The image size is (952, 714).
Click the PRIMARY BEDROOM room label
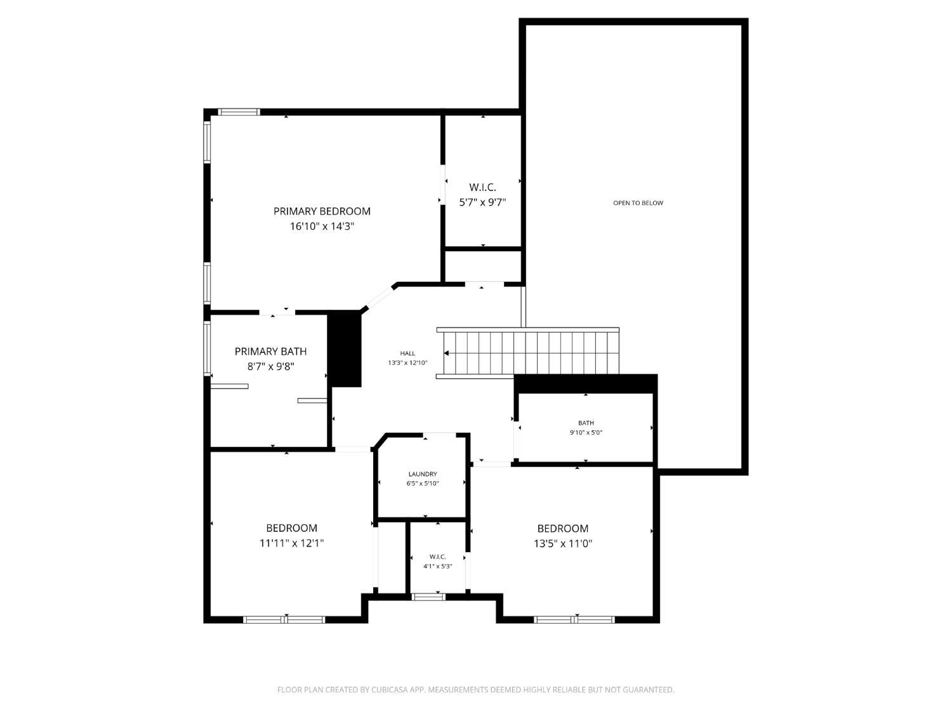[322, 211]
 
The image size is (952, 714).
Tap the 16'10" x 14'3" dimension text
[322, 227]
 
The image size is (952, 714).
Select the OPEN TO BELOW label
[638, 203]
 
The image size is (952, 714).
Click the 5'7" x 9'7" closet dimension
[482, 202]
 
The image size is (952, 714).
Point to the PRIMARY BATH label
[270, 352]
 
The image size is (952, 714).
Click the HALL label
[407, 354]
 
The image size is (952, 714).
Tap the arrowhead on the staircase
[447, 354]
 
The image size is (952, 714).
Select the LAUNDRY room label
[423, 474]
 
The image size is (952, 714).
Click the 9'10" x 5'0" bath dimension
[586, 433]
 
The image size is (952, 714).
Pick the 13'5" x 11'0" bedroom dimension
[562, 544]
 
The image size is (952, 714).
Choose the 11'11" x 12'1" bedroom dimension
[291, 543]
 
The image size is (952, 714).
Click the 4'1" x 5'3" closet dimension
[437, 566]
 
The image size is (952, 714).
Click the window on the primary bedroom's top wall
[239, 112]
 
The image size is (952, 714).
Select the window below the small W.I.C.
[428, 597]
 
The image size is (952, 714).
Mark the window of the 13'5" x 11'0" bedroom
[574, 619]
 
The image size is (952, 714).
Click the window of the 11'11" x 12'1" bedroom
[284, 619]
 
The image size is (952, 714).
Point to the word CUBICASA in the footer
[390, 690]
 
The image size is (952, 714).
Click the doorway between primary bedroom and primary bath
[277, 312]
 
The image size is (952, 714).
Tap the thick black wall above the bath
[585, 383]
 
